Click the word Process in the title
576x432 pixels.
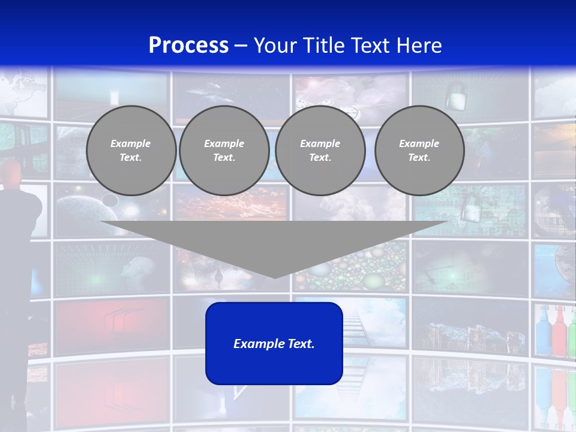pyautogui.click(x=188, y=46)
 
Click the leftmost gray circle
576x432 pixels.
pyautogui.click(x=131, y=151)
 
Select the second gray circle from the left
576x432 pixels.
pyautogui.click(x=224, y=151)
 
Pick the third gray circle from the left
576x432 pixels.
pyautogui.click(x=320, y=151)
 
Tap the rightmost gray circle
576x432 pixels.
pyautogui.click(x=419, y=151)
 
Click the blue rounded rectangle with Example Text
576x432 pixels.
pyautogui.click(x=274, y=343)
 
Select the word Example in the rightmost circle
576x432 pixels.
pyautogui.click(x=419, y=143)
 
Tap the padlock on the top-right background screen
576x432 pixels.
pyautogui.click(x=456, y=95)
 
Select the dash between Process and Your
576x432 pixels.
pyautogui.click(x=241, y=46)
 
